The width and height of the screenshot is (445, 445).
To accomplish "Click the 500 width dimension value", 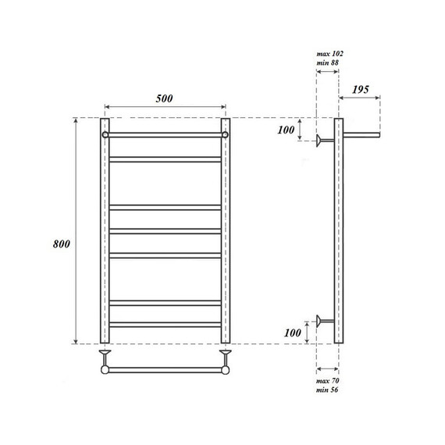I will coord(164,98).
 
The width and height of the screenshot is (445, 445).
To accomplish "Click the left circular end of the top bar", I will coord(105,134).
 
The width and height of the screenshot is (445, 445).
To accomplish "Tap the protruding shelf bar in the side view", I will coord(361,135).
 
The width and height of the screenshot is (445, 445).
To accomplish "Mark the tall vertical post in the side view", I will coord(338,234).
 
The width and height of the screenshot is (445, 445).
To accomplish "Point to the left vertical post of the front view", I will coord(105,234).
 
